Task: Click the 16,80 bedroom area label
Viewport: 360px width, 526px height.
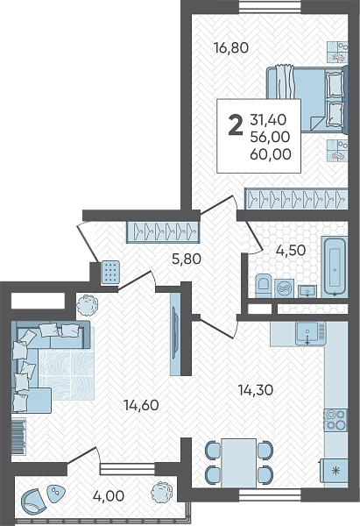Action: click(x=231, y=47)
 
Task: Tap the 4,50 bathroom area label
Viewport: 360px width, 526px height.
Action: click(x=290, y=250)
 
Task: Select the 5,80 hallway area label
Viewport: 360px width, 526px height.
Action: click(x=186, y=259)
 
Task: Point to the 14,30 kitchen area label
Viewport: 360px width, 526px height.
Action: click(x=256, y=390)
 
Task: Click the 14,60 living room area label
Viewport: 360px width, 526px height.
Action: click(x=141, y=405)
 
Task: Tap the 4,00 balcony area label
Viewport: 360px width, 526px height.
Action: click(x=109, y=495)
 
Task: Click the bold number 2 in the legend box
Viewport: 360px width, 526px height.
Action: click(x=236, y=124)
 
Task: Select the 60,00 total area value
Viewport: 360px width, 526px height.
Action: click(x=271, y=154)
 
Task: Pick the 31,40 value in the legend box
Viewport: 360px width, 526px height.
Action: click(x=268, y=119)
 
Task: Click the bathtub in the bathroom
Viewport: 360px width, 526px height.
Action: click(x=335, y=267)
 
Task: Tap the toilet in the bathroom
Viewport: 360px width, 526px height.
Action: click(x=264, y=286)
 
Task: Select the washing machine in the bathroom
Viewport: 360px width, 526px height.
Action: click(x=285, y=288)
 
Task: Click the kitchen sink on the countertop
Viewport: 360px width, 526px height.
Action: click(x=307, y=333)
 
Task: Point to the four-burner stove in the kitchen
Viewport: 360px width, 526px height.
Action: click(x=335, y=419)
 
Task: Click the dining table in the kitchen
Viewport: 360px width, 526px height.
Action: click(x=238, y=463)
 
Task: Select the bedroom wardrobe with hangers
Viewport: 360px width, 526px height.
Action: click(x=296, y=199)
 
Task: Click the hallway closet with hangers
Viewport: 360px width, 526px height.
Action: click(x=163, y=231)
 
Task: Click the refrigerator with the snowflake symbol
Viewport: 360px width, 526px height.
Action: click(x=335, y=471)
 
